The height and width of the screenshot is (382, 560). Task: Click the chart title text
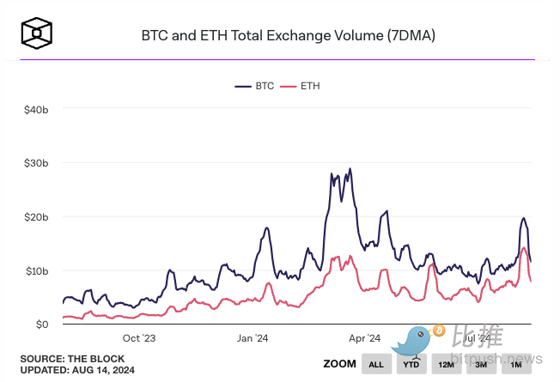tap(289, 36)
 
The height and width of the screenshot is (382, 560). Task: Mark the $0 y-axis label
tap(40, 324)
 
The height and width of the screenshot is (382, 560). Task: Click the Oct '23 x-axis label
tap(140, 338)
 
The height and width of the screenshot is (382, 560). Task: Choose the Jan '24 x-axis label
tap(253, 338)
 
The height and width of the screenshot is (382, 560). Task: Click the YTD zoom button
tap(411, 365)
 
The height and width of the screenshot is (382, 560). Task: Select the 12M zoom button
tap(447, 365)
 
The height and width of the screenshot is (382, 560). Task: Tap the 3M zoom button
tap(481, 365)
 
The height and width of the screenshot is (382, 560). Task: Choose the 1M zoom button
tap(516, 365)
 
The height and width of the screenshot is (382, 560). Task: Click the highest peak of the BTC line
tap(350, 169)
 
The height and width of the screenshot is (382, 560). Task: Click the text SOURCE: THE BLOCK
tap(72, 358)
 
